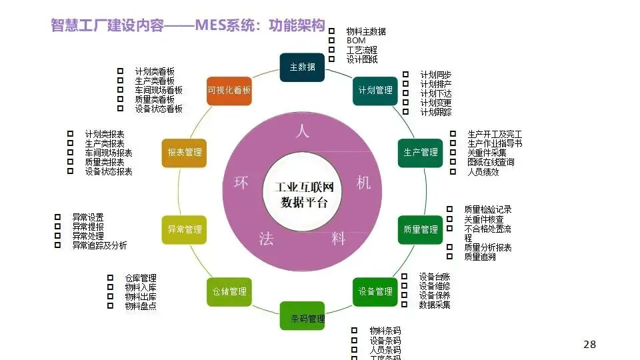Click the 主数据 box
tap(302, 67)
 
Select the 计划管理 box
tap(375, 90)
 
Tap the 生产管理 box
tap(421, 152)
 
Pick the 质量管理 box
tap(421, 229)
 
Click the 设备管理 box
tap(375, 291)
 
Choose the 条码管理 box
tap(302, 316)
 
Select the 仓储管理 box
tap(229, 291)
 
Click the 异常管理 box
tap(184, 229)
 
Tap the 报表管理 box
tap(184, 152)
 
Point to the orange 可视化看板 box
tap(229, 90)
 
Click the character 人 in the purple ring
tap(302, 131)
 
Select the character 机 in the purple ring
tap(363, 182)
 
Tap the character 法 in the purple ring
tap(266, 238)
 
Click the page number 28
tap(589, 344)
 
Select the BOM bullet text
tap(356, 41)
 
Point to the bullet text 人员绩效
tap(483, 171)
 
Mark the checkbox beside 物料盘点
tap(110, 305)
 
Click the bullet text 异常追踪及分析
tap(99, 245)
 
